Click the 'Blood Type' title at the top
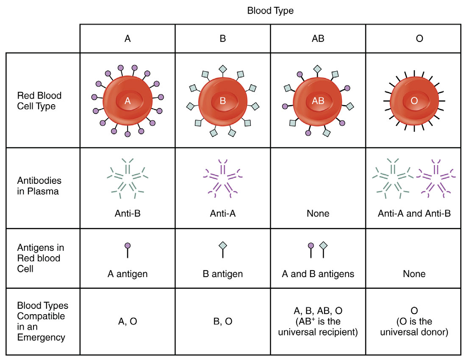point(270,11)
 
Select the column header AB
point(318,39)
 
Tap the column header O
point(419,39)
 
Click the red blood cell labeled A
point(128,101)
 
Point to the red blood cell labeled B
point(222,101)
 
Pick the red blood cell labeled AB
point(318,101)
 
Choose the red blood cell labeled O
point(414,101)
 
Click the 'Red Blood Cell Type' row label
point(39,101)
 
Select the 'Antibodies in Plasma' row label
point(39,186)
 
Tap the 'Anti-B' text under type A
point(128,213)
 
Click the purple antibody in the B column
point(222,178)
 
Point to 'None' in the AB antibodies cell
point(318,213)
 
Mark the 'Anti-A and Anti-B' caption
point(414,213)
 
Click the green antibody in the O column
point(393,178)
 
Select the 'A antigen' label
point(128,274)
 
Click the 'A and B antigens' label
point(318,274)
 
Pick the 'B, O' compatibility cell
point(222,321)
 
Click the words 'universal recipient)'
point(318,332)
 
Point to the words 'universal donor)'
point(414,332)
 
